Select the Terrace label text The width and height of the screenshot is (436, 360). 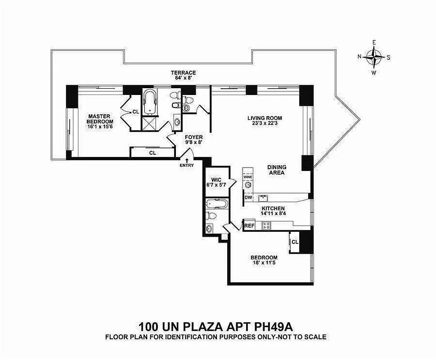(x=183, y=72)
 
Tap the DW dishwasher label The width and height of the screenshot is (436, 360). (x=248, y=197)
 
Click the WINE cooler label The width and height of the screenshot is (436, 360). (x=248, y=177)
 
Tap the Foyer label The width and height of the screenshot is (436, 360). (x=193, y=137)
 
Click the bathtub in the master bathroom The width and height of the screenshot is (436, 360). (x=149, y=102)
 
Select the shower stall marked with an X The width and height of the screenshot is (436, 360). (x=149, y=123)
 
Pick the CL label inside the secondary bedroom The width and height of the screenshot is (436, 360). (x=295, y=242)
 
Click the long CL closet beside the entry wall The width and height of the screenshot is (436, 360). (x=153, y=153)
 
